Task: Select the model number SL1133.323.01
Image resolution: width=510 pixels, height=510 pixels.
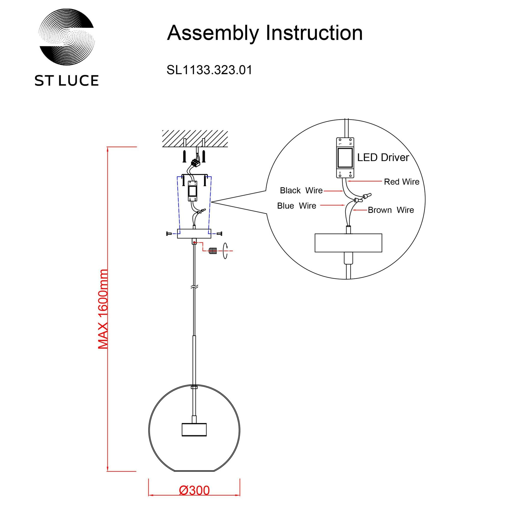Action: [x=209, y=70]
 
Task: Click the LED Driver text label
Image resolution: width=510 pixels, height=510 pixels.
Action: [x=383, y=158]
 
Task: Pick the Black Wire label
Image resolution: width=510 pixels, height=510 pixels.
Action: [x=301, y=190]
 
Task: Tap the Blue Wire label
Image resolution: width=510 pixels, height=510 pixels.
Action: [x=297, y=206]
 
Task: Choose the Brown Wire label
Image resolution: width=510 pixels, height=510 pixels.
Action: [x=391, y=210]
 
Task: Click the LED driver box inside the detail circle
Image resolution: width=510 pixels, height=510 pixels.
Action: [x=345, y=158]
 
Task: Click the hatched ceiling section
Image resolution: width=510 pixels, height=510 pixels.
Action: [x=195, y=138]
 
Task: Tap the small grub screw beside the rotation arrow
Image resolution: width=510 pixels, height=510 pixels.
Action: [x=212, y=250]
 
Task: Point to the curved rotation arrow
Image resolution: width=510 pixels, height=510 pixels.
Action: [x=225, y=250]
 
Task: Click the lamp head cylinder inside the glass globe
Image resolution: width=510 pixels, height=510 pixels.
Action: [x=194, y=437]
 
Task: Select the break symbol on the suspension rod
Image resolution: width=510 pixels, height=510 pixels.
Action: [x=195, y=287]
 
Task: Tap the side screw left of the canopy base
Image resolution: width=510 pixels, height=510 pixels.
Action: [x=169, y=233]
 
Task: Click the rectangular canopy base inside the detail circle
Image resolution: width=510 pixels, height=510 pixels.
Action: [x=348, y=243]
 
